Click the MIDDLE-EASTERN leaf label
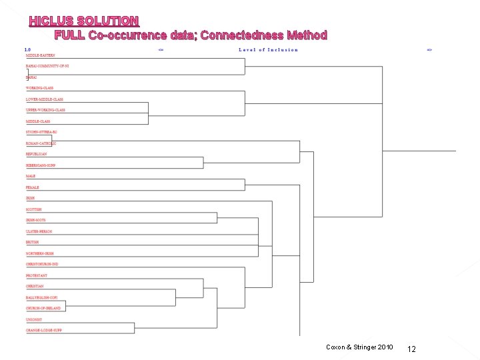[40, 55]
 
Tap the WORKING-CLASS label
[39, 88]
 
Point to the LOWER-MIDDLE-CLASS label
[45, 99]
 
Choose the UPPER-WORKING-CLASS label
[45, 110]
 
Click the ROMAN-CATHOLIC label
[41, 143]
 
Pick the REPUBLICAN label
[37, 154]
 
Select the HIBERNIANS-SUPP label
[41, 165]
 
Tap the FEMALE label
[33, 187]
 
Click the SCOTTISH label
[34, 209]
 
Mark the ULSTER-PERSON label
[39, 231]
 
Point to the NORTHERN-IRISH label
[39, 253]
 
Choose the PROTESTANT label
[37, 275]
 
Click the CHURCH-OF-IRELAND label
[43, 308]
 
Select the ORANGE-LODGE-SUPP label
[43, 330]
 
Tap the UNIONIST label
[35, 319]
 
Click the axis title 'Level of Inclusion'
[268, 50]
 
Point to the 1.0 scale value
[27, 49]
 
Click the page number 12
[411, 349]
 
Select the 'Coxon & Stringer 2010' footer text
[359, 347]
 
